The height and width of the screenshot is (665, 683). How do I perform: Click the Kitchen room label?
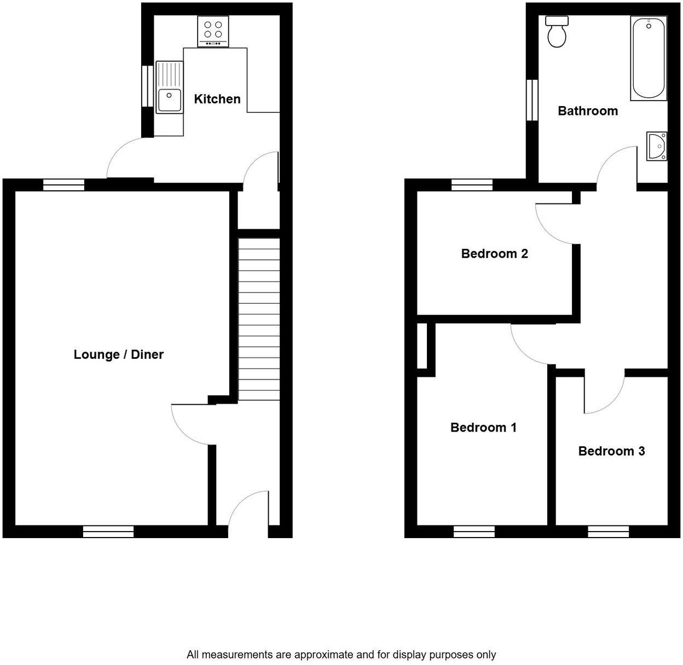coord(217,99)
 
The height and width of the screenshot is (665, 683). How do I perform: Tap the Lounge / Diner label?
coord(119,354)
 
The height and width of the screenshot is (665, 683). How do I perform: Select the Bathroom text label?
coord(588,111)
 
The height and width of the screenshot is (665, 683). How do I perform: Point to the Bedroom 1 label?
coord(483,427)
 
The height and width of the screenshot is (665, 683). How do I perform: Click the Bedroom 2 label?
coord(494,254)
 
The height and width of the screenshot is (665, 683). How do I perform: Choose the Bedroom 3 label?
coord(611,451)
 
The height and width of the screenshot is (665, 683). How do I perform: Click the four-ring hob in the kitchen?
coord(213,31)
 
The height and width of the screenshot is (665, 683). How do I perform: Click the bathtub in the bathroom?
coord(649,58)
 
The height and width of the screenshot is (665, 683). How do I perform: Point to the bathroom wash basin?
coord(656,147)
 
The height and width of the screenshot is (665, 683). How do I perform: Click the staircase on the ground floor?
coord(259,317)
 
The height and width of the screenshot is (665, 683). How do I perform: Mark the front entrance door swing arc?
coord(246,509)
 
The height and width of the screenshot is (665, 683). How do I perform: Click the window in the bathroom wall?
coord(531,100)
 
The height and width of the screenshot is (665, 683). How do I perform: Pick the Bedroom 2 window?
coord(472,185)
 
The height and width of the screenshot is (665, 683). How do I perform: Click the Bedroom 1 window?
coord(474,531)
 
